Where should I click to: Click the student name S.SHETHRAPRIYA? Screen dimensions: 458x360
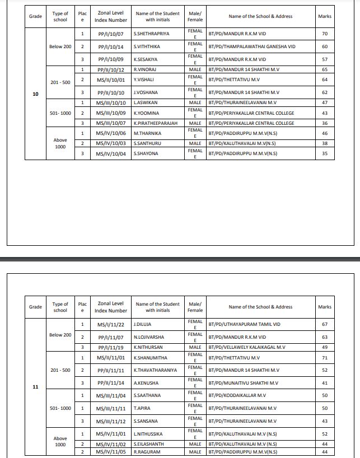151,34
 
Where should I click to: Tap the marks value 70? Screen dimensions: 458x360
325,34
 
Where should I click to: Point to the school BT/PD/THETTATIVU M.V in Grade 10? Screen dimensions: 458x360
235,80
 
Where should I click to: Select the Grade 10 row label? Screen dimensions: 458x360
35,94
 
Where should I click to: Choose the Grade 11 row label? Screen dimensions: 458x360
35,387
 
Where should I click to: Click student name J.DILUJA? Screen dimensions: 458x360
143,324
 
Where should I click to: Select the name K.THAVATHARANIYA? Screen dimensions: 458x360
155,370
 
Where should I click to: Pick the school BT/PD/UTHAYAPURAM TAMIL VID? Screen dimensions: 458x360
244,324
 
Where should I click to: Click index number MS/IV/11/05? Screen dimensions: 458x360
110,452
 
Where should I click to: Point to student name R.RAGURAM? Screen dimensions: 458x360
147,452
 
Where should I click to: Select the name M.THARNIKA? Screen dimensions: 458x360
147,133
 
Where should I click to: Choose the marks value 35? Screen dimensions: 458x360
325,153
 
